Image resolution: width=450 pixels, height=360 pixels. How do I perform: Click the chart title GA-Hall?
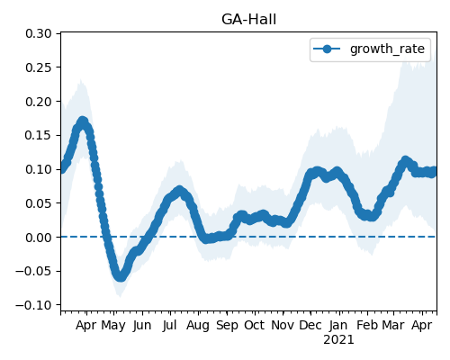coord(248,20)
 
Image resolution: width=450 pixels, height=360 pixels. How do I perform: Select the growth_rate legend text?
coord(387,49)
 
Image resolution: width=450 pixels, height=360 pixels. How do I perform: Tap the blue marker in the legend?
coord(327,49)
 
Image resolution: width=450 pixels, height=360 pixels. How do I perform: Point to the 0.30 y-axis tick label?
coord(39,33)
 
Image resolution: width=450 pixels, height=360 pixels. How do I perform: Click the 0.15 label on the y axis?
coord(39,135)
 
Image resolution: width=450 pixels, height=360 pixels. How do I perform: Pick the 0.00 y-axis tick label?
coord(39,238)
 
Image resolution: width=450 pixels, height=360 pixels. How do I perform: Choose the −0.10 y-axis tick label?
coord(33,305)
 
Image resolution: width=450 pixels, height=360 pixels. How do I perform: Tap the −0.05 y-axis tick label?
coord(33,271)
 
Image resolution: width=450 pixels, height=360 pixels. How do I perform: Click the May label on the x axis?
coord(113,326)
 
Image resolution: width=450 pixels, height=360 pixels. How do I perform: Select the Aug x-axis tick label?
coord(198,326)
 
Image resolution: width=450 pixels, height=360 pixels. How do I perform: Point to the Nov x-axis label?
coord(283,325)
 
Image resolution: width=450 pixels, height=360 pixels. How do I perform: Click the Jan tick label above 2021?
coord(338,325)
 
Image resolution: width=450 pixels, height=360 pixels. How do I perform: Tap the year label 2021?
coord(338,340)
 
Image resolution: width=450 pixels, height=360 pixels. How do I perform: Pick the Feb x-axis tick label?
coord(367,325)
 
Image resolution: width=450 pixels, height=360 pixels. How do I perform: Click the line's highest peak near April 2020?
coord(83,121)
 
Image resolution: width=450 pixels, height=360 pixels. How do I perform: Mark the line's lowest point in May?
coord(120,276)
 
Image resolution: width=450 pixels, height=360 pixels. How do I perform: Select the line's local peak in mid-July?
coord(179,191)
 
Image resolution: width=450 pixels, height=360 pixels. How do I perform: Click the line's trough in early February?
coord(372,216)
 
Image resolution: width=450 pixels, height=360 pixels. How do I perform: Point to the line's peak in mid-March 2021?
coord(405,161)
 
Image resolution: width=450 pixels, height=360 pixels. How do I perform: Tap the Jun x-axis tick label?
coord(142,326)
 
